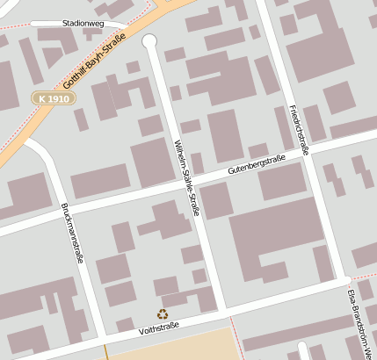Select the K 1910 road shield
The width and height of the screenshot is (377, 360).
[x=53, y=98]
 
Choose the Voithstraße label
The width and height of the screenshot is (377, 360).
[x=159, y=328]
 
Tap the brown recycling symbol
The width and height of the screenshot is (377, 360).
[x=162, y=313]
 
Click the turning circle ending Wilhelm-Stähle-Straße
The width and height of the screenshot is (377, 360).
[x=149, y=40]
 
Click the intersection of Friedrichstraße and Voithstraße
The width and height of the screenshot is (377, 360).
[x=343, y=281]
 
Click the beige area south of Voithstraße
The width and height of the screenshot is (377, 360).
[x=171, y=347]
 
